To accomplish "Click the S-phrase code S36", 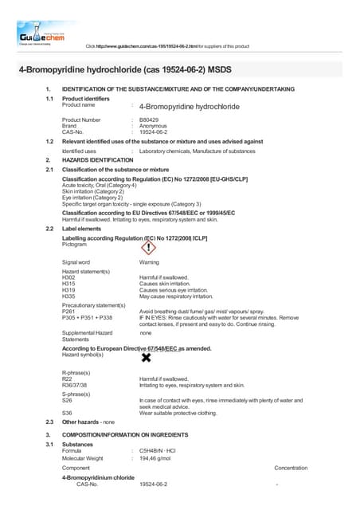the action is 68,414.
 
